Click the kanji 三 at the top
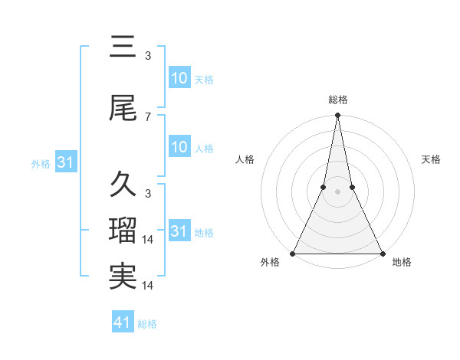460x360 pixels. click(x=123, y=48)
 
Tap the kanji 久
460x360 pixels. click(x=123, y=185)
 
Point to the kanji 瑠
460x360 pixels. click(x=123, y=231)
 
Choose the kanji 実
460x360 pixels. click(x=123, y=276)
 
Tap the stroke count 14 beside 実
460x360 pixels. click(x=149, y=285)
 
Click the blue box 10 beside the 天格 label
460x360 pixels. click(x=179, y=78)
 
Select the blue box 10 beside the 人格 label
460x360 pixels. click(x=179, y=147)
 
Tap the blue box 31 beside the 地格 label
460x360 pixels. click(x=179, y=231)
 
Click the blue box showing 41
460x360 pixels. click(x=123, y=322)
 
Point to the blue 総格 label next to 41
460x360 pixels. click(x=148, y=324)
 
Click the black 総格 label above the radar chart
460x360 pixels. click(x=337, y=100)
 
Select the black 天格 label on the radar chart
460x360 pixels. click(x=432, y=159)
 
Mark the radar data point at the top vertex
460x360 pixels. click(x=337, y=116)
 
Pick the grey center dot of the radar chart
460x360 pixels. click(x=337, y=192)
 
